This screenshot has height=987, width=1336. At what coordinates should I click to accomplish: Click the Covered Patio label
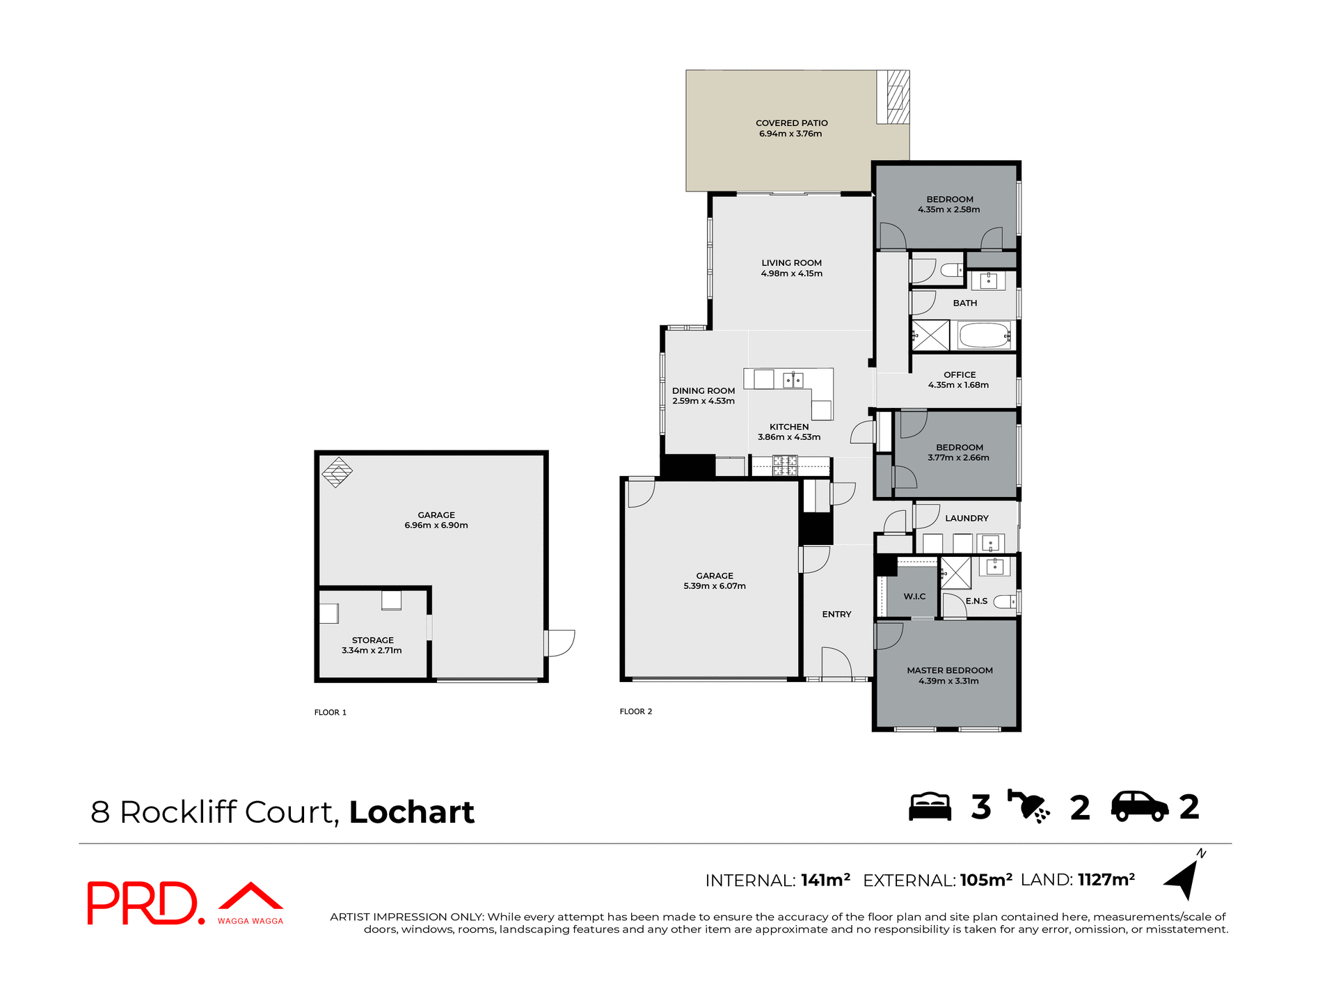791,123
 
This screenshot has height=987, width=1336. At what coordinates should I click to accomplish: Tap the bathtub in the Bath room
984,335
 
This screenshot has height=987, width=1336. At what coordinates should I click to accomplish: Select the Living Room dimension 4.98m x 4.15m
791,274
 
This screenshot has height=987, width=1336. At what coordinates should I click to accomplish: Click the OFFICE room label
960,374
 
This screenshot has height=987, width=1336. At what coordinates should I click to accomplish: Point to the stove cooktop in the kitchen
785,465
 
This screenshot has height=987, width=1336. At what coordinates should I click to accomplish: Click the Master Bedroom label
949,670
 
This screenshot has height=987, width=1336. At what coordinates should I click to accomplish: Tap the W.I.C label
914,597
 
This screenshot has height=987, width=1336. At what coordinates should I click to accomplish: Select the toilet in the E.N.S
1005,601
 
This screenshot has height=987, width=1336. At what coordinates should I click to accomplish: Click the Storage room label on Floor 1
372,640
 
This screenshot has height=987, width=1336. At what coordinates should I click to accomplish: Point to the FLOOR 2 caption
635,711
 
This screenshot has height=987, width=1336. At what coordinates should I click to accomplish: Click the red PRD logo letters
142,903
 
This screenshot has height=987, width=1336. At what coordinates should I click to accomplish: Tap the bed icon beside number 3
930,807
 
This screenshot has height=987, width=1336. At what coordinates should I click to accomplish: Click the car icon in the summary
1139,807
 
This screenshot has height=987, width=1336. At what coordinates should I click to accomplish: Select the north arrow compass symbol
1184,878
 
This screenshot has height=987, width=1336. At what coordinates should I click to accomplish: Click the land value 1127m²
1106,880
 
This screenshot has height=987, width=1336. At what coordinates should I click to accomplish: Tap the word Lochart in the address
411,812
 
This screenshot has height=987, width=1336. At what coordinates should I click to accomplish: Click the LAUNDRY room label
967,519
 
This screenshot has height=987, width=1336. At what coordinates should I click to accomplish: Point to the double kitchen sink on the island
793,380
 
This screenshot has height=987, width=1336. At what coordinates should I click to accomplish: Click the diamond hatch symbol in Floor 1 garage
337,472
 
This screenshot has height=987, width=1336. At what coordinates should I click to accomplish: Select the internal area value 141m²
825,881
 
